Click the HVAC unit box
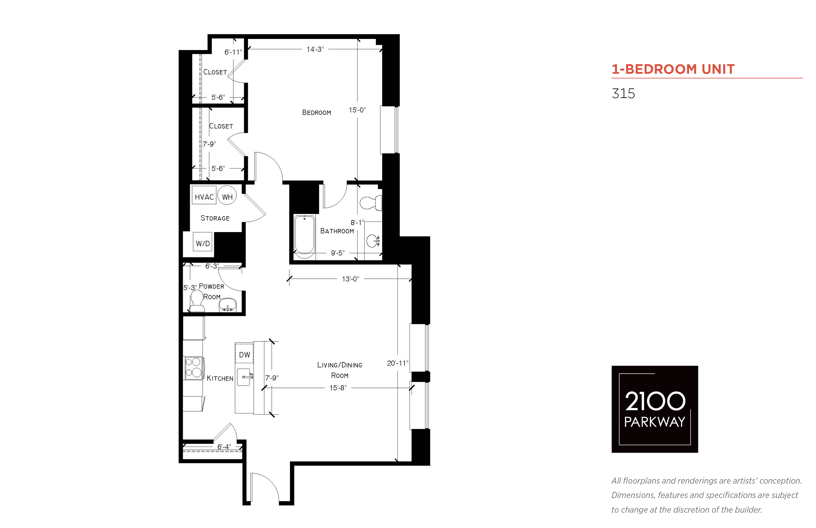[204, 195]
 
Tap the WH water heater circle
[227, 195]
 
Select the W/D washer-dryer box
[203, 241]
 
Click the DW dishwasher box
[244, 352]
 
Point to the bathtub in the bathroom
[304, 237]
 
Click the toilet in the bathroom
[371, 203]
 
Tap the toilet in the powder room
[197, 301]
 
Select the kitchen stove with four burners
[193, 368]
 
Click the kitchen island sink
[245, 377]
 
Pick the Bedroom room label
[316, 112]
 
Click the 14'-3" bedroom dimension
[315, 49]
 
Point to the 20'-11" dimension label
[397, 363]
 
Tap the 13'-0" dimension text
[350, 279]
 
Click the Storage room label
[215, 218]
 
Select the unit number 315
[623, 94]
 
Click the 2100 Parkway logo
[655, 409]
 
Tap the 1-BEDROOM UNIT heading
[673, 69]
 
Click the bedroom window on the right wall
[389, 130]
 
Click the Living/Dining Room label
[339, 370]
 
